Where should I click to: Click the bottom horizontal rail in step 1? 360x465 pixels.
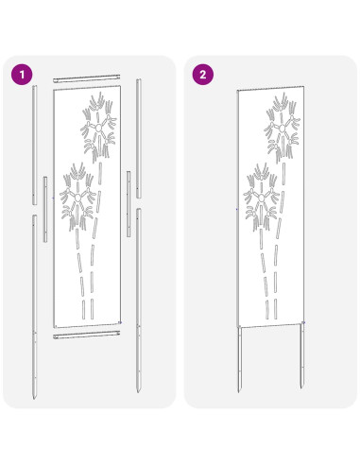pyautogui.click(x=88, y=334)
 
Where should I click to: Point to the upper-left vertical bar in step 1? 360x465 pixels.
pyautogui.click(x=34, y=142)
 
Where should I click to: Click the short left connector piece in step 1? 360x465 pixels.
pyautogui.click(x=44, y=191)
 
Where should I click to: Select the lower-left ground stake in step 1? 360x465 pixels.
pyautogui.click(x=35, y=302)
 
